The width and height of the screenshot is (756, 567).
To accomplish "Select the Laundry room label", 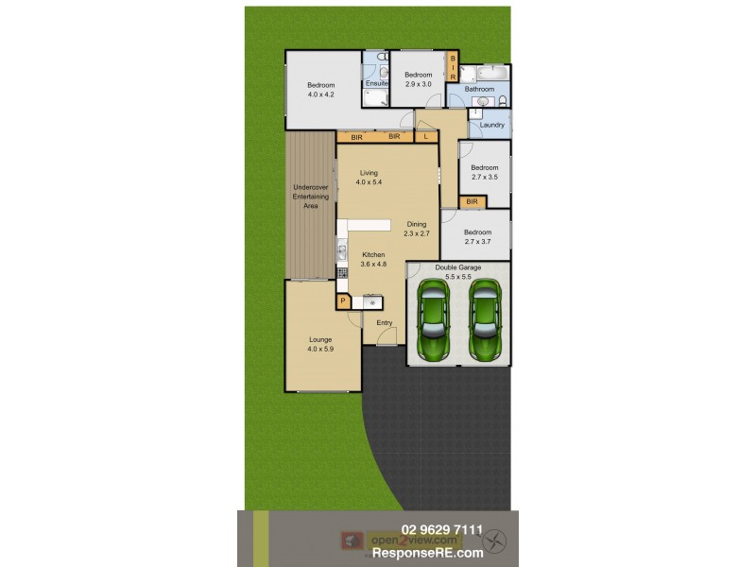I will (491, 125).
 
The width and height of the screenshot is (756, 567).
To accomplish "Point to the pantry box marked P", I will (342, 301).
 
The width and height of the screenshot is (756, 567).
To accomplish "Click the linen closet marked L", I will (426, 137).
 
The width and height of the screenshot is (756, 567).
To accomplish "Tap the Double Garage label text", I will (457, 267).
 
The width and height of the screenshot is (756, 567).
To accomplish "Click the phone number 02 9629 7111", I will (442, 530).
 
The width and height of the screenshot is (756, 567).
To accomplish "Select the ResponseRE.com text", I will (442, 552).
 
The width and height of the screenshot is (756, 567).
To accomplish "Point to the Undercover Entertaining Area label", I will (311, 197).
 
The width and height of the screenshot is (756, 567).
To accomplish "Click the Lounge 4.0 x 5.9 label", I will (320, 344).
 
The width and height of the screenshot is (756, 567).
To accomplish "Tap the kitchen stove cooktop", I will (342, 272).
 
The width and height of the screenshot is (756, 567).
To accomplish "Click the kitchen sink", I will (341, 251).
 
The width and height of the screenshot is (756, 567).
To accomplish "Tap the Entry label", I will (385, 323).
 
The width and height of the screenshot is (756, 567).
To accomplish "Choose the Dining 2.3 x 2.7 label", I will (417, 229).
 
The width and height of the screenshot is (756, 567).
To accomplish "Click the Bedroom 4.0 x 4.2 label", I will (320, 90).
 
